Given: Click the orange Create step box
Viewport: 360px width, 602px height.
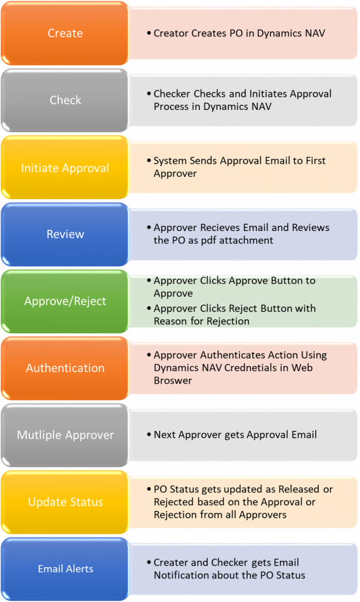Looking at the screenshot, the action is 65,34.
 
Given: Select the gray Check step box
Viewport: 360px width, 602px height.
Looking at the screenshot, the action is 65,100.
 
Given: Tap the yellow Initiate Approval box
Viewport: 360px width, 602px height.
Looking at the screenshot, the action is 65,168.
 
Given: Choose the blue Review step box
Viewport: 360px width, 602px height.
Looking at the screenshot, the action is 65,234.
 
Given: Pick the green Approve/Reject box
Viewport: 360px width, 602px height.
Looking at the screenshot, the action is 65,301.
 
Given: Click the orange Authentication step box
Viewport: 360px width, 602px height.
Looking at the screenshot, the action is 65,368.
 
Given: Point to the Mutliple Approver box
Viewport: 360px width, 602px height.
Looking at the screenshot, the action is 65,435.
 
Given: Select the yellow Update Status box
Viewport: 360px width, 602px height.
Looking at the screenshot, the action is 65,502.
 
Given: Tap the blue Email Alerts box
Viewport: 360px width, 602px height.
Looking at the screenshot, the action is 65,569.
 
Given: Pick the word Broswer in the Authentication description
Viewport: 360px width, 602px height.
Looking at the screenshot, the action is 173,380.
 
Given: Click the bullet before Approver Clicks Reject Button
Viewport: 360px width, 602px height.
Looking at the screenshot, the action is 149,308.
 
